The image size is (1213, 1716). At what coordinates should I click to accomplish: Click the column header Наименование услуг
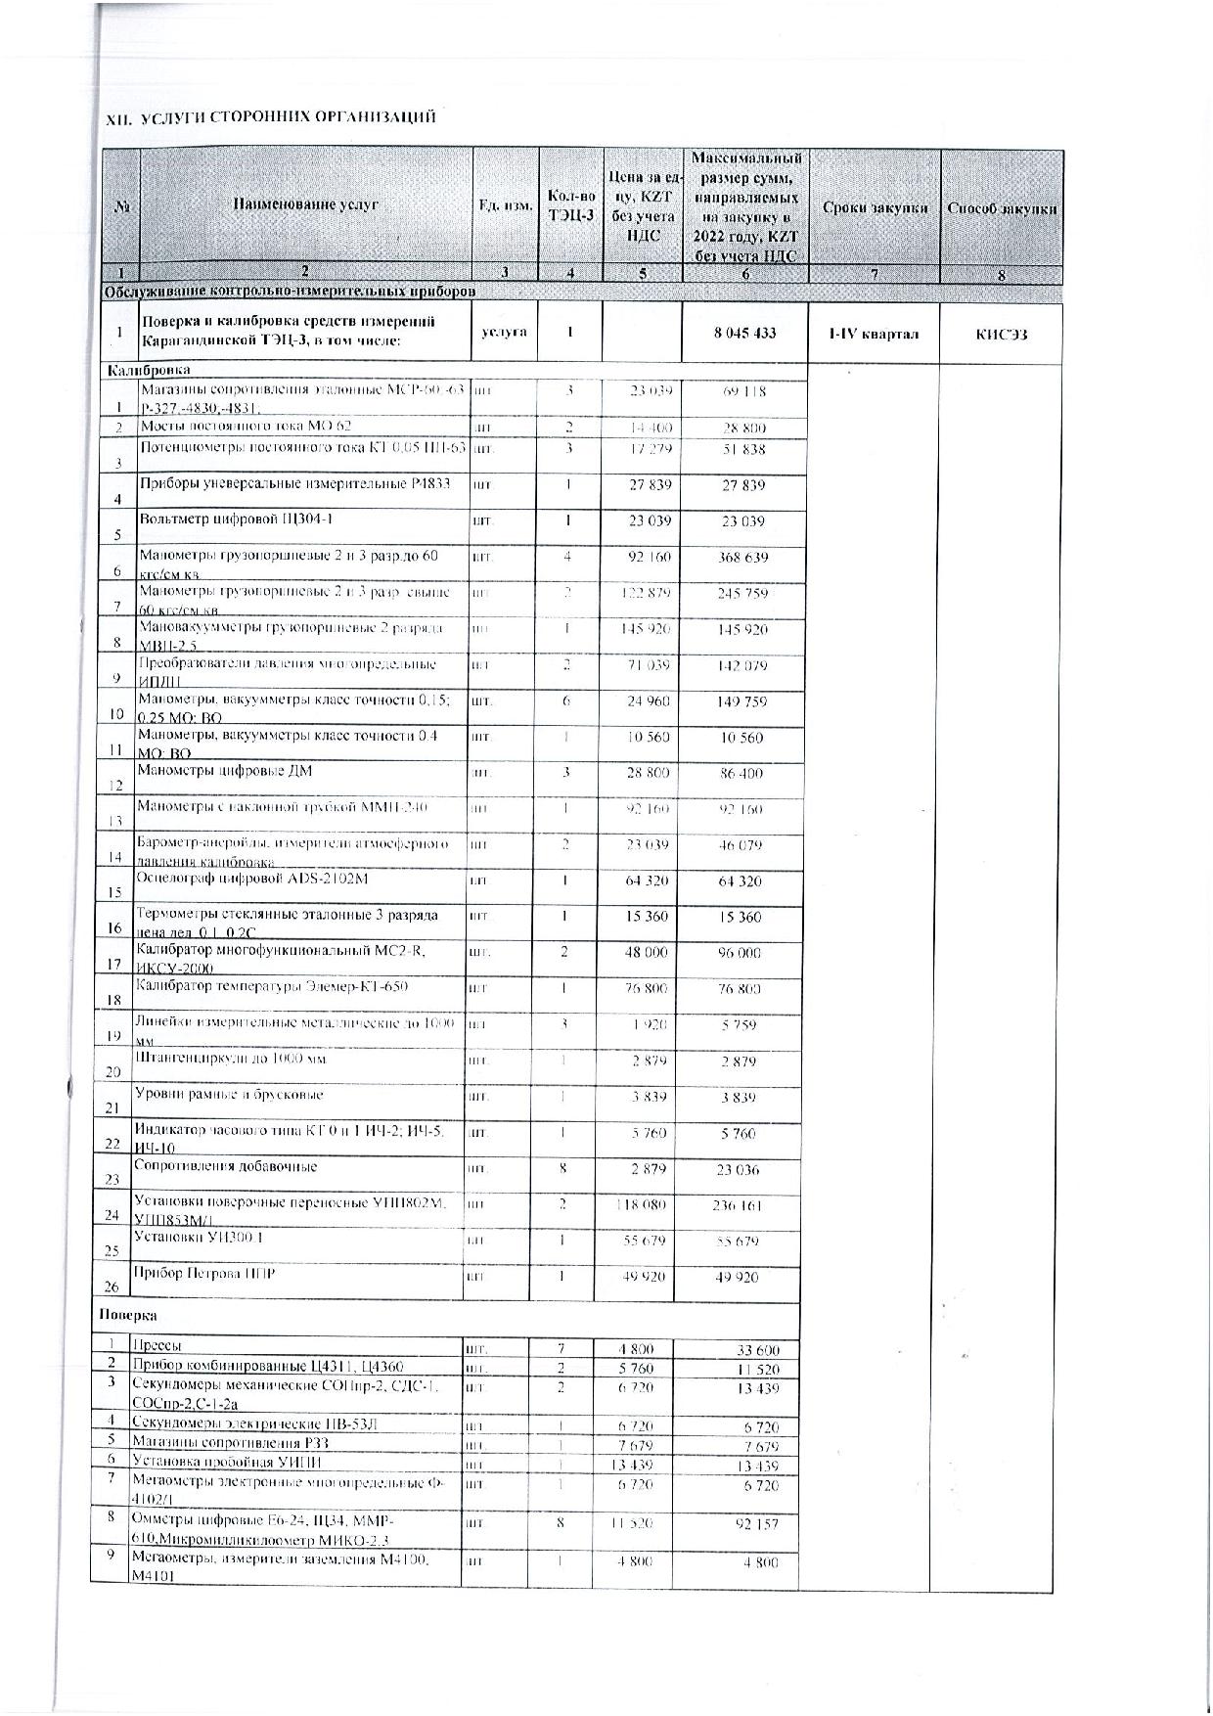(x=305, y=205)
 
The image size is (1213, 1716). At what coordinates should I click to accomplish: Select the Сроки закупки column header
(x=875, y=207)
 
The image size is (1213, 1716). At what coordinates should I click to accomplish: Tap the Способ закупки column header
(x=1001, y=208)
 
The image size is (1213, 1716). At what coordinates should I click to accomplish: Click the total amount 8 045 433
(x=744, y=333)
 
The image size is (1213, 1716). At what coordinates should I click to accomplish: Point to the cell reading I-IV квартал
(x=874, y=334)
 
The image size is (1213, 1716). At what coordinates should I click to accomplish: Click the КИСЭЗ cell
(x=1001, y=334)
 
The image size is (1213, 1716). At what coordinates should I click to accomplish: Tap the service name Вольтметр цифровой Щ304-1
(x=230, y=519)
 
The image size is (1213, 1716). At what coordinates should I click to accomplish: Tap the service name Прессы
(x=157, y=1346)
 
